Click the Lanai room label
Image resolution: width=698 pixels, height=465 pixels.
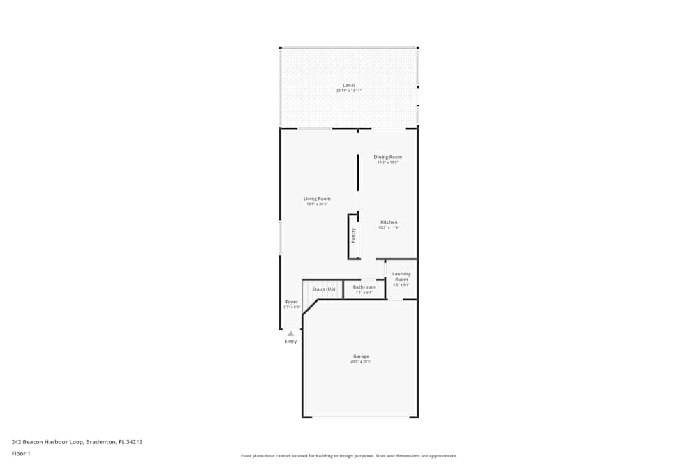click(x=349, y=85)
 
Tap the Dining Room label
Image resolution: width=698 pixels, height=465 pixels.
click(x=387, y=157)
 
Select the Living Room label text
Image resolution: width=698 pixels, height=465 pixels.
click(x=317, y=199)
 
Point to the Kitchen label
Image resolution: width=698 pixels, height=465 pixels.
click(x=388, y=222)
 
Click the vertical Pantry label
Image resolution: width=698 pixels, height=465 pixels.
click(x=353, y=236)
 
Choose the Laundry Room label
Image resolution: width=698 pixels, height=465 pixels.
click(x=401, y=276)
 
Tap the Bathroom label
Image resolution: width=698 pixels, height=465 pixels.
click(x=364, y=287)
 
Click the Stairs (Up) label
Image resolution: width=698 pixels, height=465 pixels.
click(x=324, y=289)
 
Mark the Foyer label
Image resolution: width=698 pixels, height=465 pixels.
click(x=291, y=302)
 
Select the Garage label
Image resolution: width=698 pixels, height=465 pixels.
click(x=361, y=356)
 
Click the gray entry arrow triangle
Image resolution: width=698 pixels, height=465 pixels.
click(x=290, y=333)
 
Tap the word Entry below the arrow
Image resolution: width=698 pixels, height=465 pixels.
click(x=290, y=342)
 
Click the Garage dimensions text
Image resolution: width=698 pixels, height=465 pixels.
click(x=361, y=362)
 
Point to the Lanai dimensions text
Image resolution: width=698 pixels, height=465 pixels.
click(x=349, y=91)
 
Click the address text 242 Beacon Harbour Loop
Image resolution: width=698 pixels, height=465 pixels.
click(x=77, y=441)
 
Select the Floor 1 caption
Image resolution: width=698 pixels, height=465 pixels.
click(x=21, y=453)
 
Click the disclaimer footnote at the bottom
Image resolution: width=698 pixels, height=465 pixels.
click(x=349, y=456)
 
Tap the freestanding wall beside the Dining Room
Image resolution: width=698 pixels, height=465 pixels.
click(x=358, y=172)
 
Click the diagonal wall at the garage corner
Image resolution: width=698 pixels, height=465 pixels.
click(x=310, y=307)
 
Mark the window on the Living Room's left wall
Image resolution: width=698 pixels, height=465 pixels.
click(x=280, y=238)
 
